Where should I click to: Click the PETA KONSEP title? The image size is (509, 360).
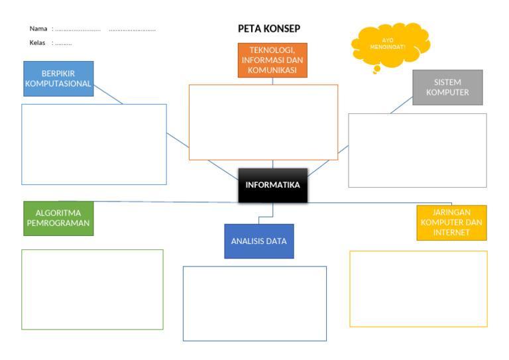[268, 29]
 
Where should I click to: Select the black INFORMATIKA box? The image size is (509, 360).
[272, 185]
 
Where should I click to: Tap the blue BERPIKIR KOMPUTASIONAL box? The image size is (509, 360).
[58, 79]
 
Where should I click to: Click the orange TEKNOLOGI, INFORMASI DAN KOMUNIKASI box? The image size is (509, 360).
[272, 60]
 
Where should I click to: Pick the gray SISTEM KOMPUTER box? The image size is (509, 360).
[447, 88]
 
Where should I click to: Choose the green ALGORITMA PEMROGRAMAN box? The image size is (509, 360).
[58, 218]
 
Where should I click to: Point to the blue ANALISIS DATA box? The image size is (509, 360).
[258, 241]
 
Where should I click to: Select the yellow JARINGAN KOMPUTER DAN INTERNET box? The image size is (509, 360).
[451, 223]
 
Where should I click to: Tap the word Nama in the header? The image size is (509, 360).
[38, 29]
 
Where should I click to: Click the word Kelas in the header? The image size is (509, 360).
[38, 43]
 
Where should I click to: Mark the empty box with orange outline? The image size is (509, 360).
[263, 122]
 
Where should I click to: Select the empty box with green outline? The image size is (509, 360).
[92, 289]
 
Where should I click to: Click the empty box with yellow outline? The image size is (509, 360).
[418, 288]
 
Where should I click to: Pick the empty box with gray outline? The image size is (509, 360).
[417, 150]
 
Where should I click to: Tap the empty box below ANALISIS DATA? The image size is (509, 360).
[254, 304]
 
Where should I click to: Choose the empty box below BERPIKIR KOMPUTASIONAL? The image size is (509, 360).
[93, 144]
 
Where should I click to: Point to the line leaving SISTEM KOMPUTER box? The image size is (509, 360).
[402, 105]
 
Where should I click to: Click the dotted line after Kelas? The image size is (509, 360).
[64, 44]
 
